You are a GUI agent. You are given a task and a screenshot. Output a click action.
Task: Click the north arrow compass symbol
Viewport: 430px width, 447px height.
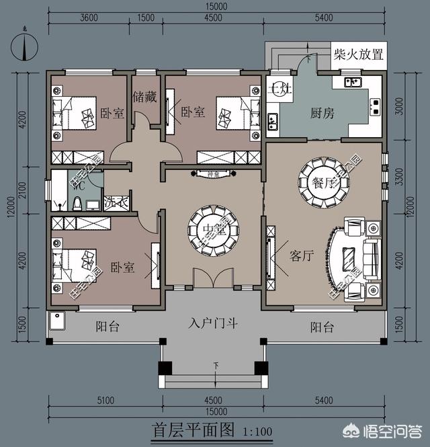(25, 46)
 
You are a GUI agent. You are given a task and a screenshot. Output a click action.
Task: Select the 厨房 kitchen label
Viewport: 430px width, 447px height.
(322, 112)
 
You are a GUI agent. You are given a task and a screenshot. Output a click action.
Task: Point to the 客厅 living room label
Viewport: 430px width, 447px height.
(302, 255)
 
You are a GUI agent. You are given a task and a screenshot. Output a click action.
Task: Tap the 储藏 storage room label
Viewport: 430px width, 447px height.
(144, 96)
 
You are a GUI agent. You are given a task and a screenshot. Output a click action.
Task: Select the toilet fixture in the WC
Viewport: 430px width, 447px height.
(77, 204)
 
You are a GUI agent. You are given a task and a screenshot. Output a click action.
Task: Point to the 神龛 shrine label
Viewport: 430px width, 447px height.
(213, 174)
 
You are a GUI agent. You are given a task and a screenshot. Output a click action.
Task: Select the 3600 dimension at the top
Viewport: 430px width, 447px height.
(89, 17)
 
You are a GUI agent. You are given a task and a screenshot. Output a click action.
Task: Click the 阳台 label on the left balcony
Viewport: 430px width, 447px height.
(107, 327)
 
